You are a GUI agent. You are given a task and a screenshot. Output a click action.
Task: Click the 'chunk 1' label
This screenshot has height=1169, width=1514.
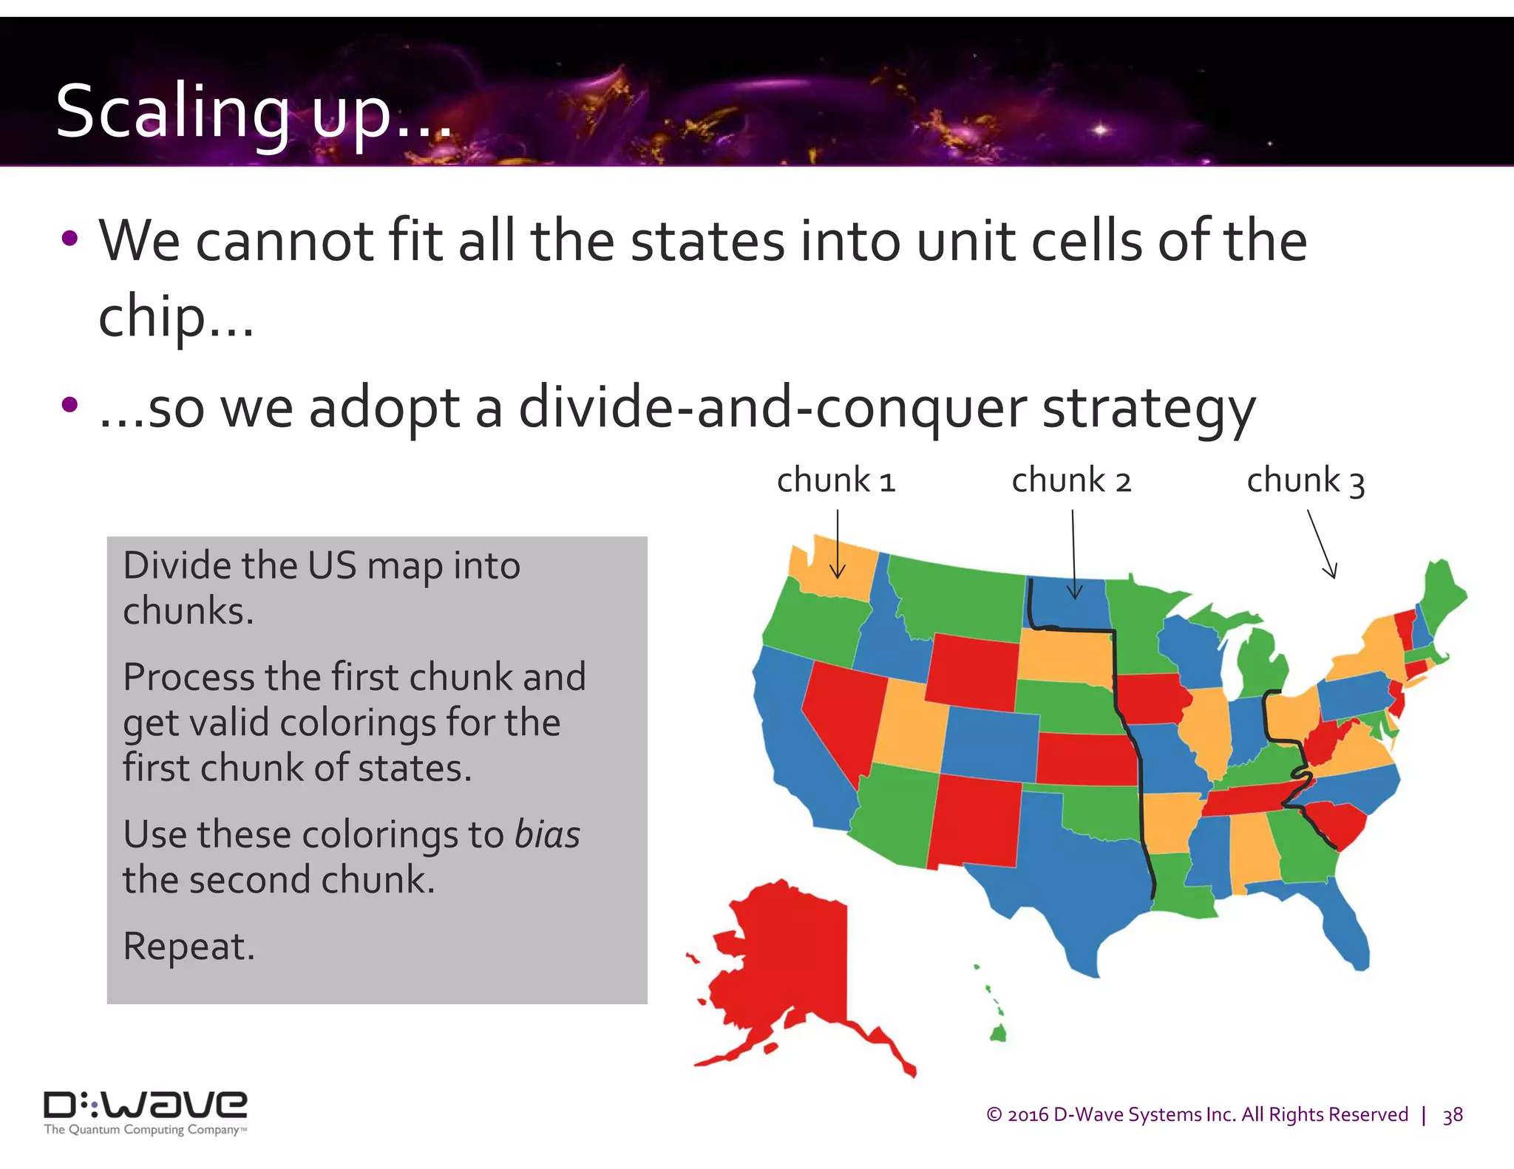coord(835,481)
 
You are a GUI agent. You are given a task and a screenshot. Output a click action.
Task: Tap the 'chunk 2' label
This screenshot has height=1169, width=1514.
coord(1071,481)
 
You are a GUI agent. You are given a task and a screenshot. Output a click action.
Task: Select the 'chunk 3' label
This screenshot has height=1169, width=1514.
coord(1306,481)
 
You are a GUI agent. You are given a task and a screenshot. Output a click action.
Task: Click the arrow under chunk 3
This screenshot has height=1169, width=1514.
coord(1322,544)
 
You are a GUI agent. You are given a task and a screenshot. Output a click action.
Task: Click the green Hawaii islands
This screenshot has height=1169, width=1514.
coord(997,1030)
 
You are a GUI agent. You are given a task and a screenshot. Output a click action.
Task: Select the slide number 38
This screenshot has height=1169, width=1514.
coord(1453,1115)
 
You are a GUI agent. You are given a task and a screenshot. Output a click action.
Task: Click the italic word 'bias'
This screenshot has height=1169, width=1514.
coord(547,835)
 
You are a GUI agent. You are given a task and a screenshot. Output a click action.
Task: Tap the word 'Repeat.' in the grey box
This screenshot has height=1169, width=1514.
coord(189,947)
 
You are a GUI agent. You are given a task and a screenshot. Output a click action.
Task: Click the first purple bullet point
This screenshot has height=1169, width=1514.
coord(70,239)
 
